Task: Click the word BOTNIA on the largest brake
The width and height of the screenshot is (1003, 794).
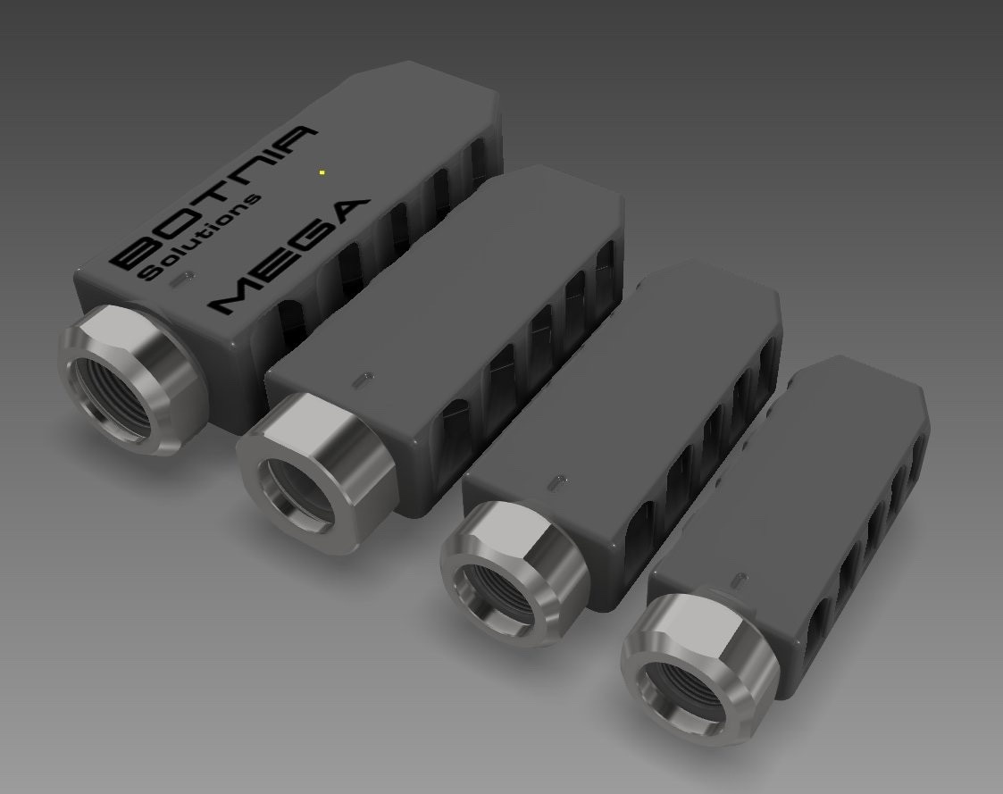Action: click(x=214, y=194)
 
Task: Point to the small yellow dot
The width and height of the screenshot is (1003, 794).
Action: click(x=322, y=171)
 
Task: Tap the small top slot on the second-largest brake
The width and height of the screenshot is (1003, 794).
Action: click(x=361, y=380)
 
